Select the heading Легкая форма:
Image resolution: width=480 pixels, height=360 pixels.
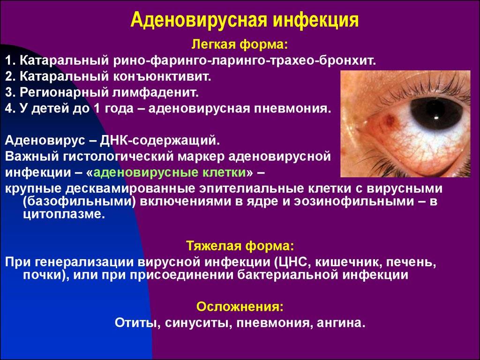coord(240,45)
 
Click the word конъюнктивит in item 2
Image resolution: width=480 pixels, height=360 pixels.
coord(162,76)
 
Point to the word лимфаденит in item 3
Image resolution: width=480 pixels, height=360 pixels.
coord(155,92)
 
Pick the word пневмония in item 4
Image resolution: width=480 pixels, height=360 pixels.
coord(293,108)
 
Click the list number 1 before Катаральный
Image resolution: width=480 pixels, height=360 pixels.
coord(10,60)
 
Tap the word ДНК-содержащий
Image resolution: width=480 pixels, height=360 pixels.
coord(160,141)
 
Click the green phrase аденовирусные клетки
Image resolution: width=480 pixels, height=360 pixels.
coord(170,172)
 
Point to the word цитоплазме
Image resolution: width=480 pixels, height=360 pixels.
coord(64,214)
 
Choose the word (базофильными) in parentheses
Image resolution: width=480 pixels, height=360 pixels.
coord(79,202)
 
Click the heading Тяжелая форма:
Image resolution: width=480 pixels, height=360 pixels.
coord(240,246)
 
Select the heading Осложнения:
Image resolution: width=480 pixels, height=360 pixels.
coord(240,307)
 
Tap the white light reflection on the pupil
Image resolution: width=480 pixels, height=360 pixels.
coord(435,118)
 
